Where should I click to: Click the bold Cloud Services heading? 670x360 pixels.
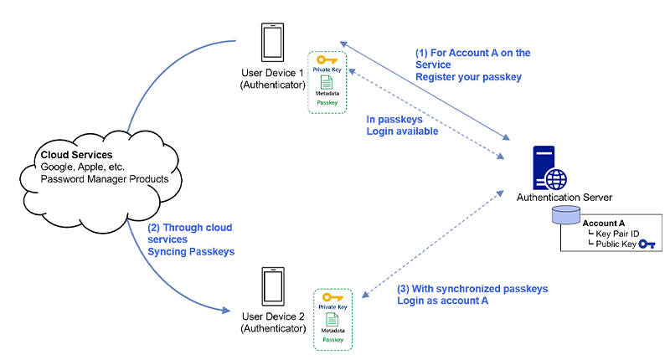(76, 155)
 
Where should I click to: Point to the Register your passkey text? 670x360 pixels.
(468, 77)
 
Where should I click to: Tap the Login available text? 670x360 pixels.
(402, 131)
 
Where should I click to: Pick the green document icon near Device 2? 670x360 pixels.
(332, 319)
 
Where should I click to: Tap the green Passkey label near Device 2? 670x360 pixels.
(332, 340)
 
